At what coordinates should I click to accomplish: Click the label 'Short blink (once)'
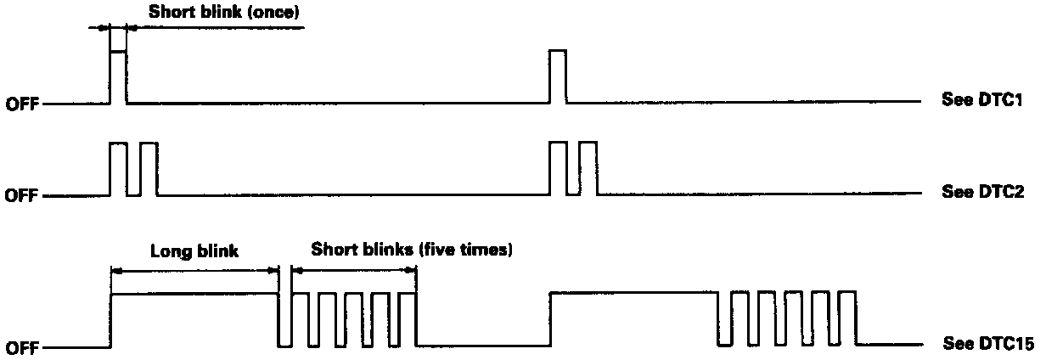pos(224,13)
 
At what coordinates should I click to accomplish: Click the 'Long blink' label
pos(194,251)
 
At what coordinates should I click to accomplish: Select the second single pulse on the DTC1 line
pos(558,76)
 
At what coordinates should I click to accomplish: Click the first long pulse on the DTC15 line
pos(194,319)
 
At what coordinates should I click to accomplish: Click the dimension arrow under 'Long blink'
pos(194,270)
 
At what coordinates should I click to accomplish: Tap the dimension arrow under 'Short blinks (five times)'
pos(354,270)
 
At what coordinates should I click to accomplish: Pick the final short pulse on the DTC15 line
pos(847,319)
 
